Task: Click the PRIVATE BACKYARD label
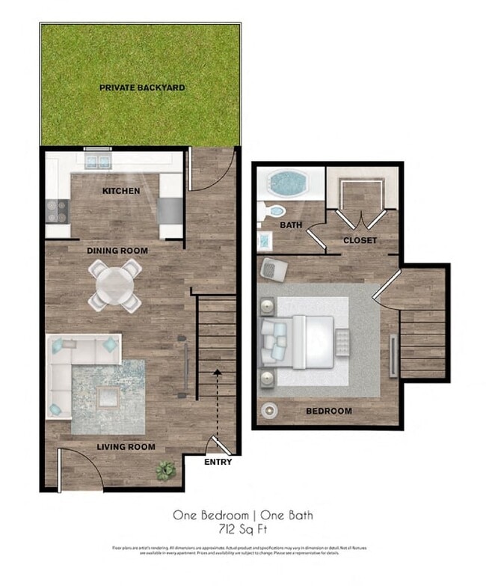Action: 142,88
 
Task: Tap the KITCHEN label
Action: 121,191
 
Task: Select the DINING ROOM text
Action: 117,251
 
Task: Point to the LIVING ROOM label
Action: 126,448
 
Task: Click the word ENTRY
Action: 218,462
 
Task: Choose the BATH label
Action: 290,225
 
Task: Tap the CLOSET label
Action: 360,240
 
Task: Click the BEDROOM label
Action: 328,411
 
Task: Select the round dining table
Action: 115,284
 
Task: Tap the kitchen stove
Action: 57,212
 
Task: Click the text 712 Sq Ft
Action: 243,529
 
